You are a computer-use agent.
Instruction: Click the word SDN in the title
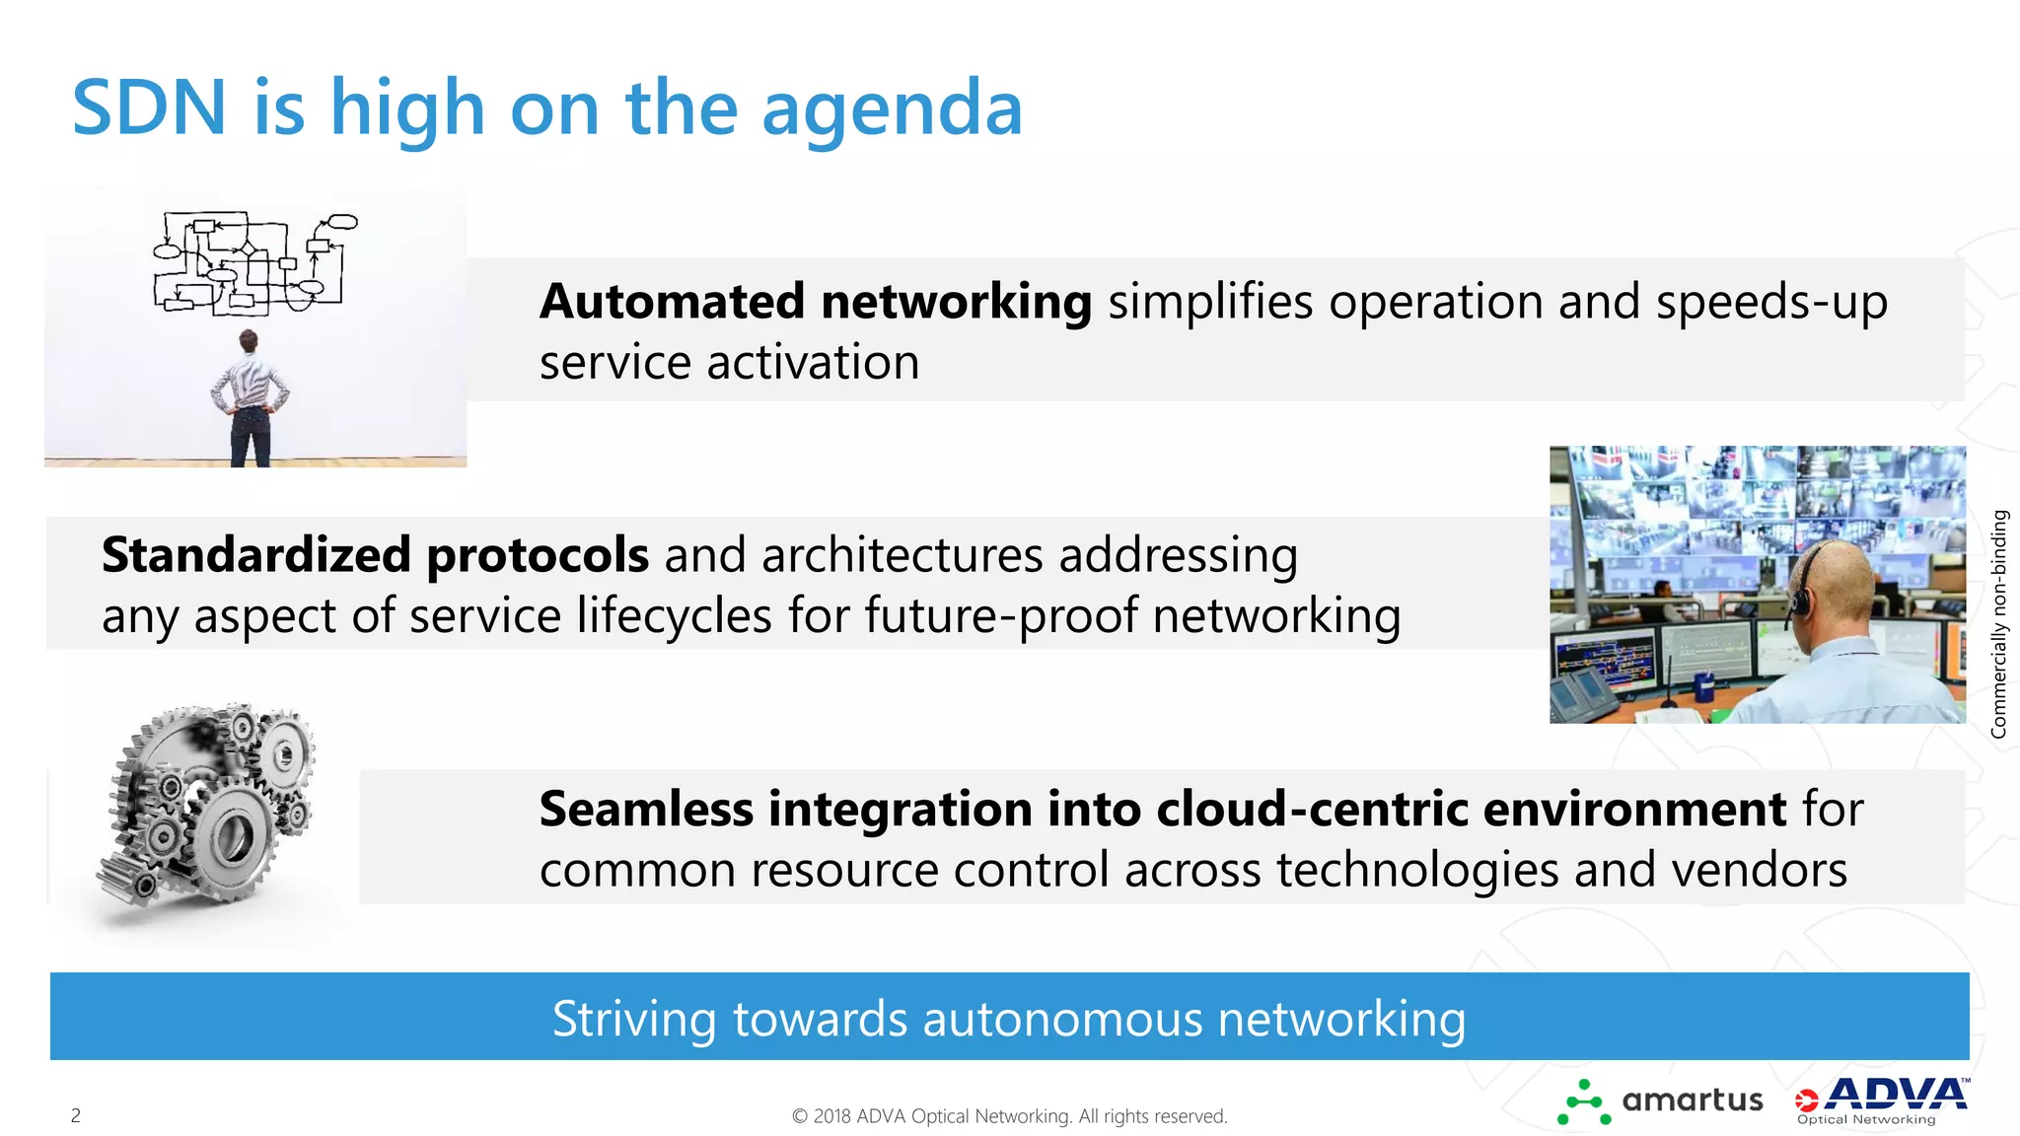(150, 107)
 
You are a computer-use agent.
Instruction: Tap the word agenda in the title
(892, 109)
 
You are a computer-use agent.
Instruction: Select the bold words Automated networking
(815, 302)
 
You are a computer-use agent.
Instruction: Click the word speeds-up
(1771, 302)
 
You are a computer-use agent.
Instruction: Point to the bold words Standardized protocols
(375, 555)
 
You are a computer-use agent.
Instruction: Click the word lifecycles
(674, 616)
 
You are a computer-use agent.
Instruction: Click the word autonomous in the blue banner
(1061, 1019)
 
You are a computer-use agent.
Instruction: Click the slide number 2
(76, 1115)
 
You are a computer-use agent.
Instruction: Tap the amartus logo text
(1692, 1100)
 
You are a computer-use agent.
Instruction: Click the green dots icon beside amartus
(1583, 1103)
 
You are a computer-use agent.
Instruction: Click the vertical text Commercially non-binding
(1998, 623)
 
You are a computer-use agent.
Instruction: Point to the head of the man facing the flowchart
(249, 341)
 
